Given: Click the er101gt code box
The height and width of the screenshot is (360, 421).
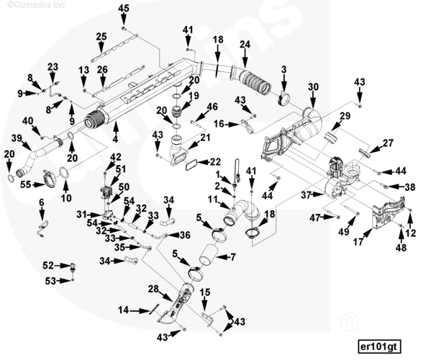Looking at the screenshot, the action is click(x=379, y=346).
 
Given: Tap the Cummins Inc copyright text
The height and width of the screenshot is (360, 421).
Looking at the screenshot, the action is click(x=36, y=4).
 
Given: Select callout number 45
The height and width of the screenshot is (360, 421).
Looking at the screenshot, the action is click(x=124, y=9).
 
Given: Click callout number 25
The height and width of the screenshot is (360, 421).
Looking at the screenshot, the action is click(x=101, y=37).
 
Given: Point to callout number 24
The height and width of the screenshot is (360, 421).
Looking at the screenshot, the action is click(x=245, y=45).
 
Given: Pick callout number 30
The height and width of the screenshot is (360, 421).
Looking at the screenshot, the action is click(x=313, y=87).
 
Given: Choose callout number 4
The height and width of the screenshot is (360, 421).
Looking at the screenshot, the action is click(x=115, y=139).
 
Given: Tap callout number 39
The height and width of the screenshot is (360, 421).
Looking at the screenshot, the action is click(x=17, y=138).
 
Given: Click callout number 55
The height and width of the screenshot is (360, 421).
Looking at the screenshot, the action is click(x=26, y=185).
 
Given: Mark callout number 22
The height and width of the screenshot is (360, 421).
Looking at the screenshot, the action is click(x=215, y=162).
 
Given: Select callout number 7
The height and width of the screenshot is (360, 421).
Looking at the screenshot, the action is click(x=233, y=257).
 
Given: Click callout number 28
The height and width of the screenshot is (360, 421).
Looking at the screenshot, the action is click(x=153, y=289).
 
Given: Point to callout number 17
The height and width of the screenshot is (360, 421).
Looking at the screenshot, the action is click(x=358, y=242).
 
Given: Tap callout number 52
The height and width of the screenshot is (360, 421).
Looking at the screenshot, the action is click(x=48, y=266).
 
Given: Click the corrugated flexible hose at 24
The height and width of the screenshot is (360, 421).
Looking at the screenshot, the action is click(x=255, y=81).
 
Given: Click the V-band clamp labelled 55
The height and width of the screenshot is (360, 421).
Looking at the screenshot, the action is click(x=50, y=179).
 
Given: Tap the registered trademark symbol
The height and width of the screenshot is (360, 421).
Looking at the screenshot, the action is click(x=349, y=321).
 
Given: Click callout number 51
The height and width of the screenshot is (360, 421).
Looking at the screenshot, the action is click(x=121, y=169).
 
